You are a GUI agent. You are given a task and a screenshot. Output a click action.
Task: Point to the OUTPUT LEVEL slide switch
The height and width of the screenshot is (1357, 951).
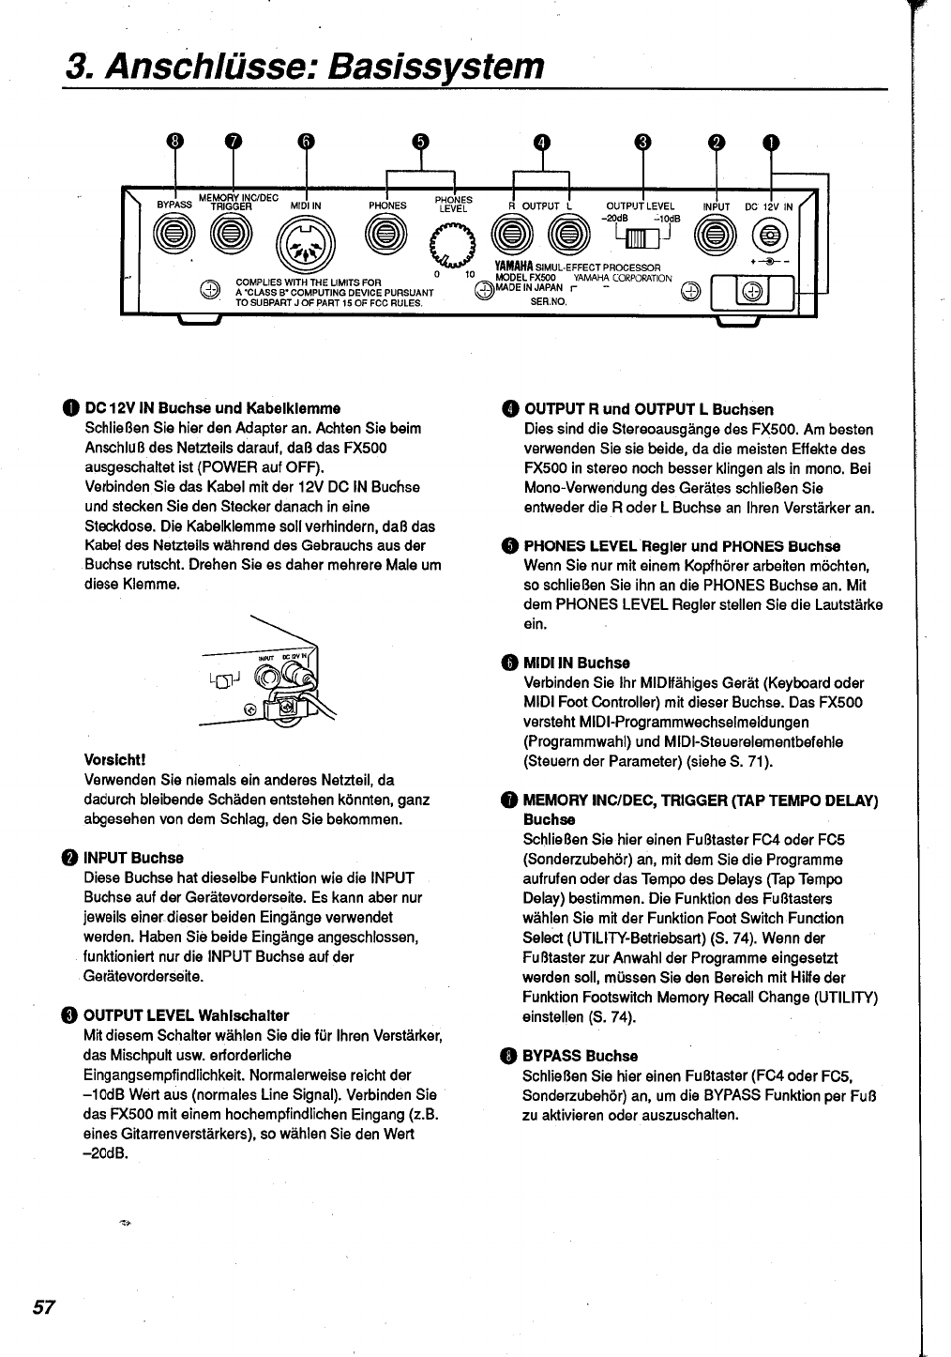(642, 239)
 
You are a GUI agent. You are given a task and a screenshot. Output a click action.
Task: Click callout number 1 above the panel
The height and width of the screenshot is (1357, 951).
(770, 143)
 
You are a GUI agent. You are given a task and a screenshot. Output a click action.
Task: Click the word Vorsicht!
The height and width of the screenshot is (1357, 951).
(115, 758)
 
